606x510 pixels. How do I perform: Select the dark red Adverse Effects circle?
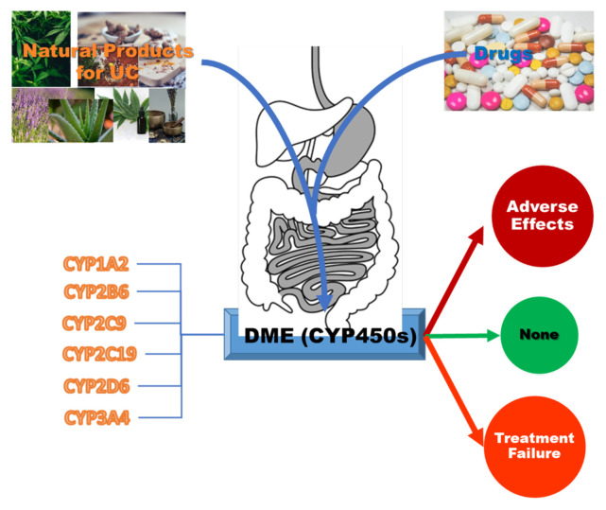539,217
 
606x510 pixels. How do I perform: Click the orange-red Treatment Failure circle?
534,446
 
